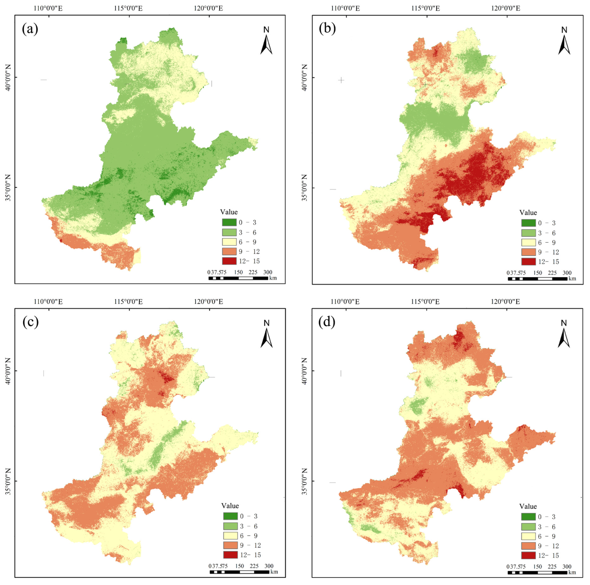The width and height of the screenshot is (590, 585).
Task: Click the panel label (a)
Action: tap(30, 29)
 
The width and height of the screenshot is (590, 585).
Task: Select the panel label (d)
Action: tap(327, 322)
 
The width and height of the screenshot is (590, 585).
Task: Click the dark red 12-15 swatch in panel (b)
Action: tap(528, 261)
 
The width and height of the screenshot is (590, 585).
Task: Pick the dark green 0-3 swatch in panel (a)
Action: tap(229, 222)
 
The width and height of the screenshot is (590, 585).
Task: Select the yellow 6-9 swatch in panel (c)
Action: tap(230, 536)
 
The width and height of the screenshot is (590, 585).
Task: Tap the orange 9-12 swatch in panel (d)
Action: tap(528, 546)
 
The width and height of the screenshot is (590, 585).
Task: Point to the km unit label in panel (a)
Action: tap(273, 278)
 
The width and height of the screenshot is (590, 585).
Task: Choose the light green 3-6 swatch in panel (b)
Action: tap(528, 233)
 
